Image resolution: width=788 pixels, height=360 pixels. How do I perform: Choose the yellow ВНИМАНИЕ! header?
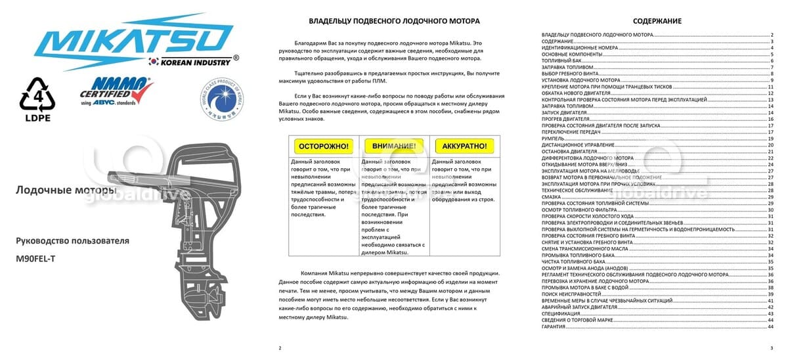[393, 146]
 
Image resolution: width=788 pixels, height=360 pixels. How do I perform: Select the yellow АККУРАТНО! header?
[464, 146]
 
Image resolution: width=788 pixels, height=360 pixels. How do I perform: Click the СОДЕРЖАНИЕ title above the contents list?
[657, 21]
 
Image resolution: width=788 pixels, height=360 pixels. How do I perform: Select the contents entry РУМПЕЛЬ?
[552, 139]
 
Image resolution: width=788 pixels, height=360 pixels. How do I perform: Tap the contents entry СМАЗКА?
[551, 197]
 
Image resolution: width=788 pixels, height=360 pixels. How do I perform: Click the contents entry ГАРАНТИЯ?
[554, 326]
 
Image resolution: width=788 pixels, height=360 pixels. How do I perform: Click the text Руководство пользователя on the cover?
[72, 241]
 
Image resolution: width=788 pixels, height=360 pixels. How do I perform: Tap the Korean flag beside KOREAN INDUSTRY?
[154, 62]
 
